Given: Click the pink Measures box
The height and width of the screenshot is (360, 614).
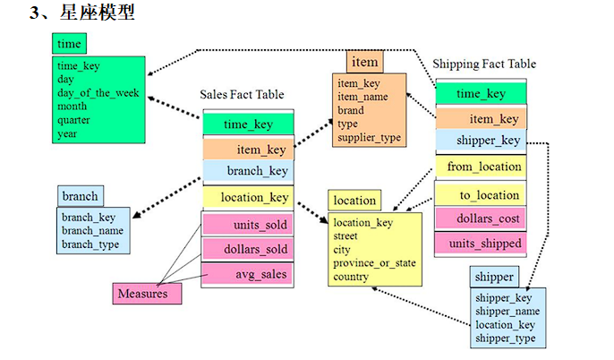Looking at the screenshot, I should click(x=147, y=293).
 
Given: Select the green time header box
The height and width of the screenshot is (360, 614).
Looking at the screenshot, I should click(x=69, y=44).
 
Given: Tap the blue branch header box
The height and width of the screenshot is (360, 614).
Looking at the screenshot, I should click(x=81, y=196).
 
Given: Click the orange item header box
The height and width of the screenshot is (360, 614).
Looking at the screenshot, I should click(x=365, y=62).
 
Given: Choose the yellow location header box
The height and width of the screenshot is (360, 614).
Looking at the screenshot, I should click(x=354, y=201).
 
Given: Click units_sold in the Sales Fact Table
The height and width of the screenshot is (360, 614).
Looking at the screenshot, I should click(x=246, y=223).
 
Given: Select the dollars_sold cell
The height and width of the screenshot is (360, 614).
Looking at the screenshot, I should click(x=246, y=249).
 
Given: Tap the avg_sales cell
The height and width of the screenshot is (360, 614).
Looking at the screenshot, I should click(x=246, y=274).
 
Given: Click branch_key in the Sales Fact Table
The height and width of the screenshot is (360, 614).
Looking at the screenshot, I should click(x=246, y=171).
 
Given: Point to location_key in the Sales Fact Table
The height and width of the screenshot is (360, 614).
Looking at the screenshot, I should click(x=246, y=197).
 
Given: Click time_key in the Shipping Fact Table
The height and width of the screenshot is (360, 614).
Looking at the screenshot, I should click(x=481, y=93).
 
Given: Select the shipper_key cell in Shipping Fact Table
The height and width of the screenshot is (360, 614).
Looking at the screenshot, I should click(x=481, y=141).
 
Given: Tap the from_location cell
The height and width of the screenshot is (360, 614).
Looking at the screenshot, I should click(x=481, y=167).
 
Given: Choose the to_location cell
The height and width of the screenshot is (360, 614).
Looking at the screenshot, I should click(x=481, y=194).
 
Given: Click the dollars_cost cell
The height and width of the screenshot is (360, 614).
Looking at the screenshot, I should click(x=481, y=218).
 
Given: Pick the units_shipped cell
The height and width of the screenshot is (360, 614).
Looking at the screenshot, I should click(x=481, y=242).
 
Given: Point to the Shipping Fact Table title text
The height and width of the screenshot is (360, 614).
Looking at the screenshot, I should click(x=484, y=64).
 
